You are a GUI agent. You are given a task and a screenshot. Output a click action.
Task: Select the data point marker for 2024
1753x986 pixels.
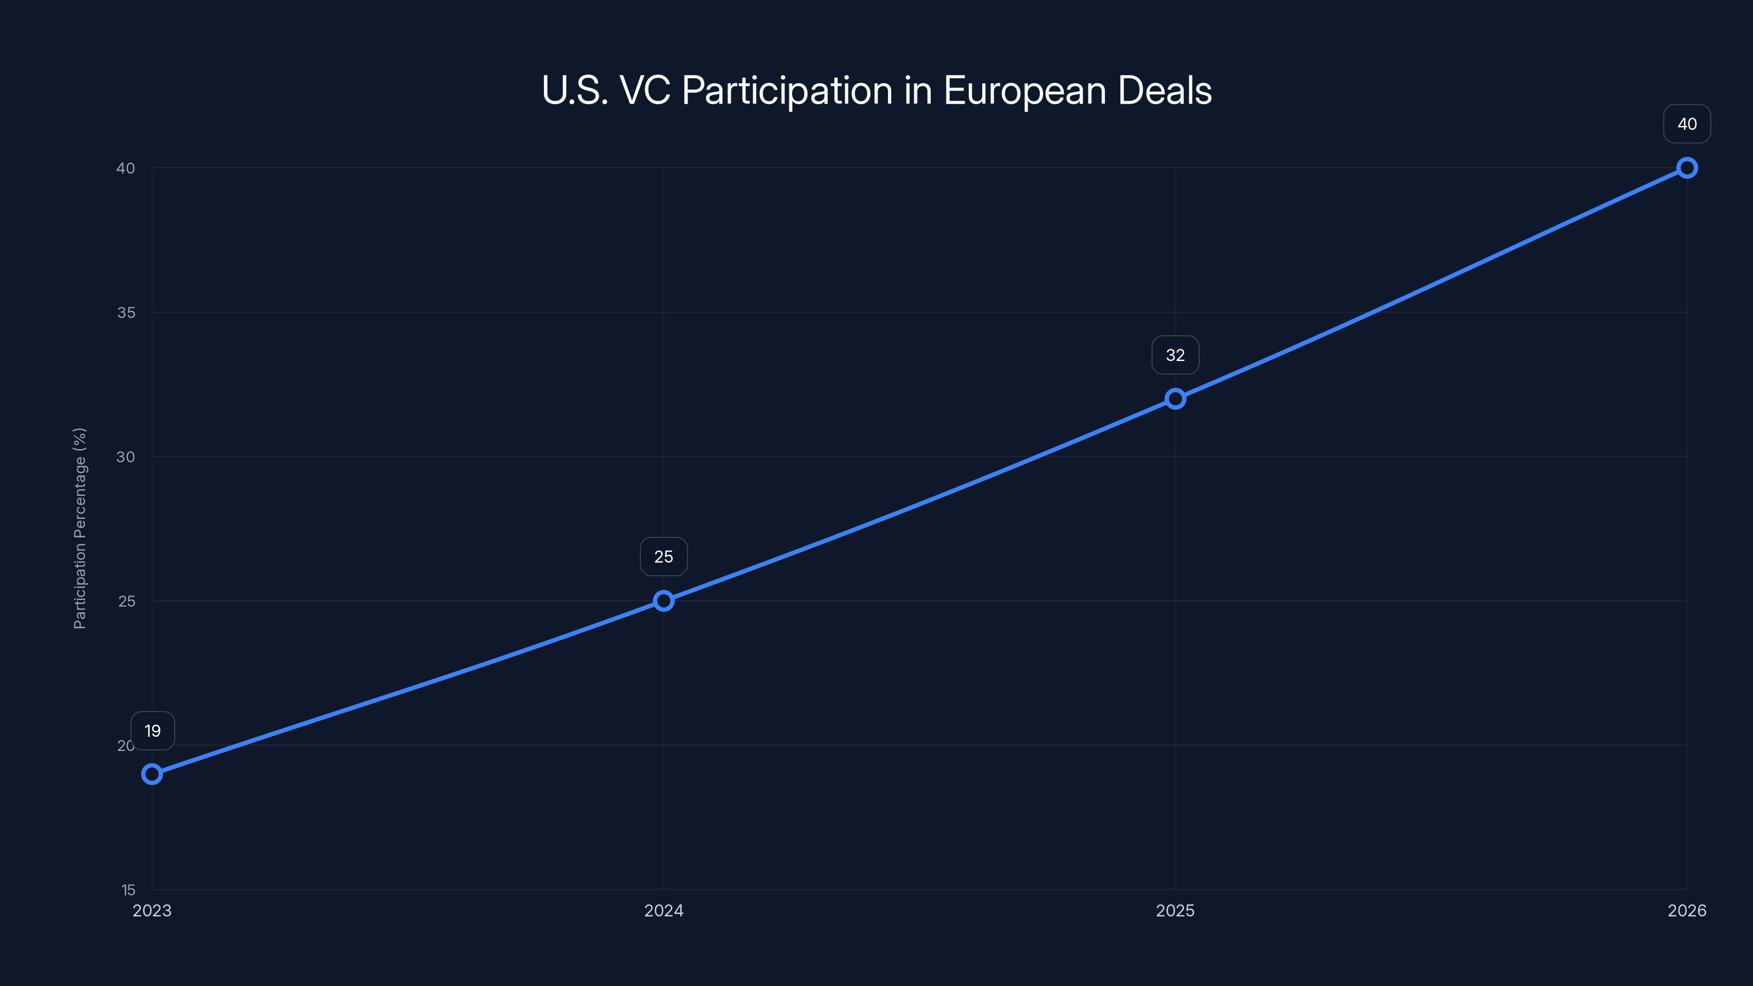pyautogui.click(x=663, y=601)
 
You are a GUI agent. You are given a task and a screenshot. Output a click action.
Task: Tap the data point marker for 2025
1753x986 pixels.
pyautogui.click(x=1175, y=399)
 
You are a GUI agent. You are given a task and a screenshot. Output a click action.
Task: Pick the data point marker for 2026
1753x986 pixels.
pyautogui.click(x=1687, y=168)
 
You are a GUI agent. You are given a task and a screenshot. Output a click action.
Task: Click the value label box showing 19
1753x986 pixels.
pyautogui.click(x=152, y=731)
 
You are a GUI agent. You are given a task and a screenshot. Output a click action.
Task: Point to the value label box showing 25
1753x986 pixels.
pyautogui.click(x=663, y=557)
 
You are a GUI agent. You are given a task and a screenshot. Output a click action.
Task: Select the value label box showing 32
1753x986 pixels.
pyautogui.click(x=1175, y=355)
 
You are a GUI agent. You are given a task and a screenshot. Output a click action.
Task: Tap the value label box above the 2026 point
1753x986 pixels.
pyautogui.click(x=1687, y=124)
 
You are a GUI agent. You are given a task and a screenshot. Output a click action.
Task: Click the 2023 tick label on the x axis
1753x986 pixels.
pyautogui.click(x=152, y=910)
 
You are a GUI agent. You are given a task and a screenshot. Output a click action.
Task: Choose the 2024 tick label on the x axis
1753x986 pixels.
pyautogui.click(x=663, y=910)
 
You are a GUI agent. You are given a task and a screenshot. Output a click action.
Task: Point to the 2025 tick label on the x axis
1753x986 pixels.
pyautogui.click(x=1175, y=910)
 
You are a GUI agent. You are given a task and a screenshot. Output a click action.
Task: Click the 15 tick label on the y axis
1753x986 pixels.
pyautogui.click(x=129, y=890)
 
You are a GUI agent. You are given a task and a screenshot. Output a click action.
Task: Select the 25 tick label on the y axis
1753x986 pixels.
pyautogui.click(x=127, y=601)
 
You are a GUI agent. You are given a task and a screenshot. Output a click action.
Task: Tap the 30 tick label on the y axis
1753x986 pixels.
pyautogui.click(x=126, y=457)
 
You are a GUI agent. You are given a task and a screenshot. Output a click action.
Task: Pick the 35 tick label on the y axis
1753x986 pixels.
pyautogui.click(x=126, y=312)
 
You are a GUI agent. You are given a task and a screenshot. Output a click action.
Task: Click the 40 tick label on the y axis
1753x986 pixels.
pyautogui.click(x=126, y=168)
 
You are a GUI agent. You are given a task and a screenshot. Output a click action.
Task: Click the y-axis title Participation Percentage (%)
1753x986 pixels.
pyautogui.click(x=79, y=528)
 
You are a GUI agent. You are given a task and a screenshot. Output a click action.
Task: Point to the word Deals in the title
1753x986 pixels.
pyautogui.click(x=1164, y=90)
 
